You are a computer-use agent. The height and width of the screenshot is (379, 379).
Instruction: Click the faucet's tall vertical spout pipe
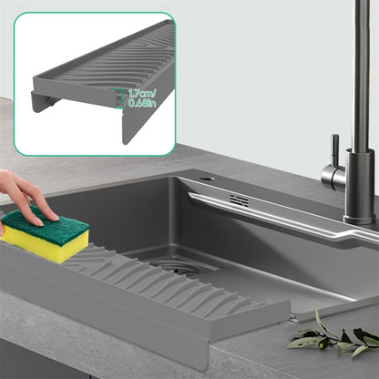tap(360, 73)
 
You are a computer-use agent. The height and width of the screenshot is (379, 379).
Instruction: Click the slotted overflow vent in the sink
tap(240, 200)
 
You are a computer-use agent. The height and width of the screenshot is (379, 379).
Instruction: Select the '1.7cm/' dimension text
tap(141, 93)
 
